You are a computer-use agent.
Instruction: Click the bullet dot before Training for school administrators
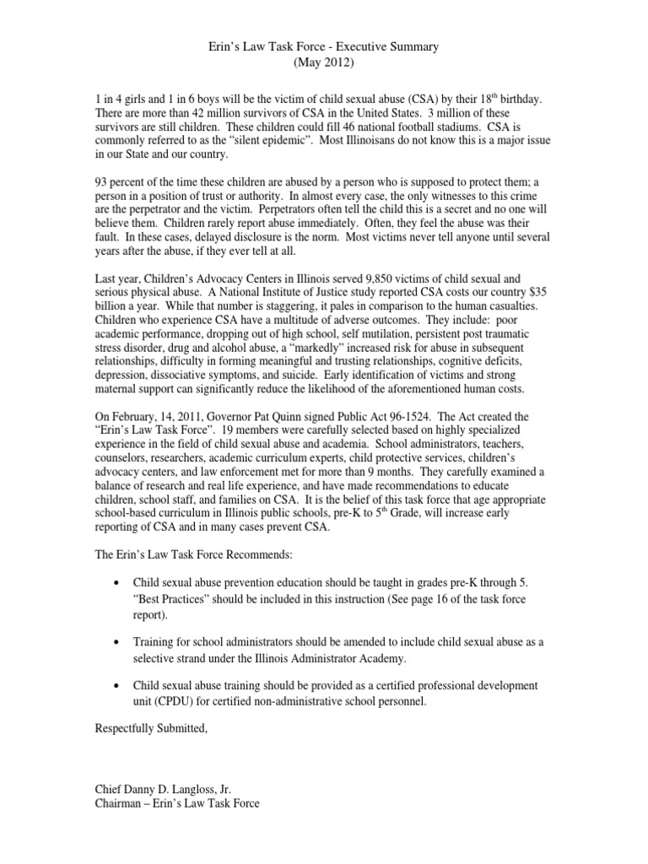[x=116, y=642]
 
